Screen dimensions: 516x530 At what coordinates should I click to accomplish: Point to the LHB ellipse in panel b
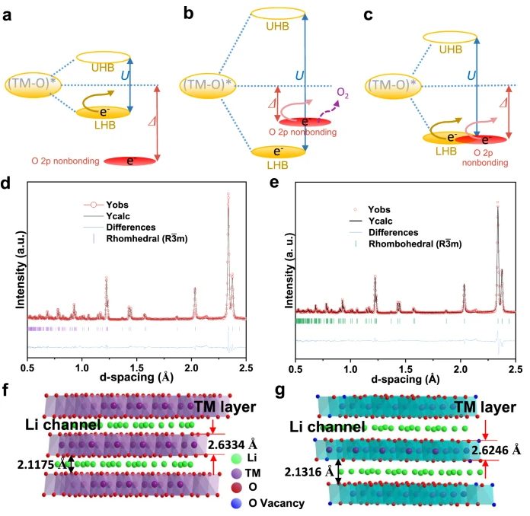[x=283, y=152]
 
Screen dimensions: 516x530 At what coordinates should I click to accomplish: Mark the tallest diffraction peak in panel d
[x=228, y=195]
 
